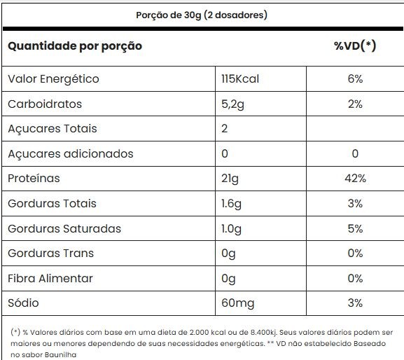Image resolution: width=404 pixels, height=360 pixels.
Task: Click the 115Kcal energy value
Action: [x=240, y=79]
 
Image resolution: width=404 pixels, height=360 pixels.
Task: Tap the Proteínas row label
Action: [x=34, y=179]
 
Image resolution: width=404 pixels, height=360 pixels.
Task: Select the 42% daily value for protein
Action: [x=355, y=179]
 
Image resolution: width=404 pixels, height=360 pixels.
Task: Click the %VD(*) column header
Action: [x=355, y=46]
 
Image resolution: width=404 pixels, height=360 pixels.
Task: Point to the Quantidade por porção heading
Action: [x=75, y=46]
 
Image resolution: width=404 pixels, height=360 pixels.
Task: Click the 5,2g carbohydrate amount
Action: [x=232, y=104]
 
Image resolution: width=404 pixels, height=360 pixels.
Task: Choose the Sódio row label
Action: [x=23, y=303]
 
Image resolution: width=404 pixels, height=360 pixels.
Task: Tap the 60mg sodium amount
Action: [x=237, y=303]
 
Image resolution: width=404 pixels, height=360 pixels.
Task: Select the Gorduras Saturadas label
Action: [x=64, y=228]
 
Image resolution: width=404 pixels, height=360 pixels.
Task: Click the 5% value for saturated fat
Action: [x=355, y=228]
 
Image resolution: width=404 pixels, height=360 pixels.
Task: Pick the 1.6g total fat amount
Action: [x=231, y=204]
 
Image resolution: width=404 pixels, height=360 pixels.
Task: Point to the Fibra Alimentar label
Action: [x=50, y=278]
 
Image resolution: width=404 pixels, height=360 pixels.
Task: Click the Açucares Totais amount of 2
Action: [x=225, y=129]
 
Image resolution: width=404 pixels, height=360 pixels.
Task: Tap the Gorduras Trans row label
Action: [x=50, y=254]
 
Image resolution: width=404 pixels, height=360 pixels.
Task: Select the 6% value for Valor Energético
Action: [x=355, y=79]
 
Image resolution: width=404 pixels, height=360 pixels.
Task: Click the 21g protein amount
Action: [x=230, y=179]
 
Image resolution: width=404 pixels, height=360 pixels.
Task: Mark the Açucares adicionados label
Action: [x=71, y=153]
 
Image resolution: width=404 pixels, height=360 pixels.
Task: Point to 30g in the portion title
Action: [x=193, y=15]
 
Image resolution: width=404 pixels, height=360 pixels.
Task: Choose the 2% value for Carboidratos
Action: [x=355, y=104]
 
